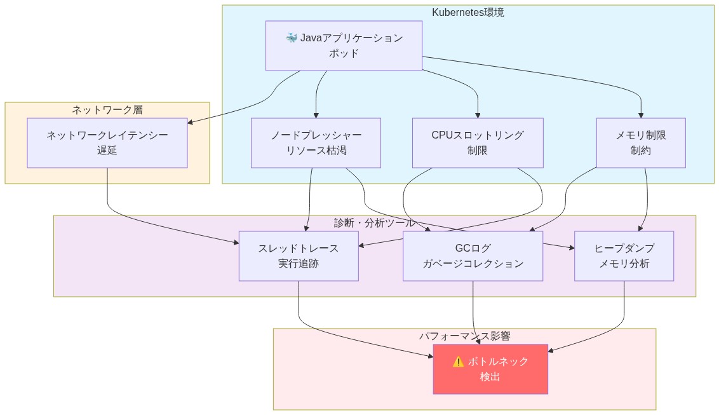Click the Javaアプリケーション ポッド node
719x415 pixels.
tap(344, 45)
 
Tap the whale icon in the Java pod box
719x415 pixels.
tap(292, 38)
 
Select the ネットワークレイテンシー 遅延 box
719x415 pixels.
tap(107, 143)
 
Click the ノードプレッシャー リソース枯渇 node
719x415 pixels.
tap(316, 143)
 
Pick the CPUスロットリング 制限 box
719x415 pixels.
tap(477, 143)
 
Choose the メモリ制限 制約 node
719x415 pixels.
tap(640, 143)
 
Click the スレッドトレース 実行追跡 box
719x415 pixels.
tap(298, 255)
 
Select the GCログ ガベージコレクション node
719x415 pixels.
tap(473, 255)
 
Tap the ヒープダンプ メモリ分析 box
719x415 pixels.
tap(623, 255)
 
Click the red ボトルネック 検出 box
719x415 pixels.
tap(490, 369)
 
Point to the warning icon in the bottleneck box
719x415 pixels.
tap(458, 362)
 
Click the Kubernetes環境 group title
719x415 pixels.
tap(467, 12)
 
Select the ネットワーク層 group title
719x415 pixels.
tap(107, 109)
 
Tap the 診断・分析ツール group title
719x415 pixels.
tap(374, 222)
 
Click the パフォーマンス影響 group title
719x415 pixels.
tap(464, 336)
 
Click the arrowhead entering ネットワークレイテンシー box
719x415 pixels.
tap(191, 122)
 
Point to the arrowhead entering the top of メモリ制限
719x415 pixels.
tap(640, 115)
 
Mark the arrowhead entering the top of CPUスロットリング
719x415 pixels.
tap(477, 115)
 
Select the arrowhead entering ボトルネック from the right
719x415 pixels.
tap(551, 350)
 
